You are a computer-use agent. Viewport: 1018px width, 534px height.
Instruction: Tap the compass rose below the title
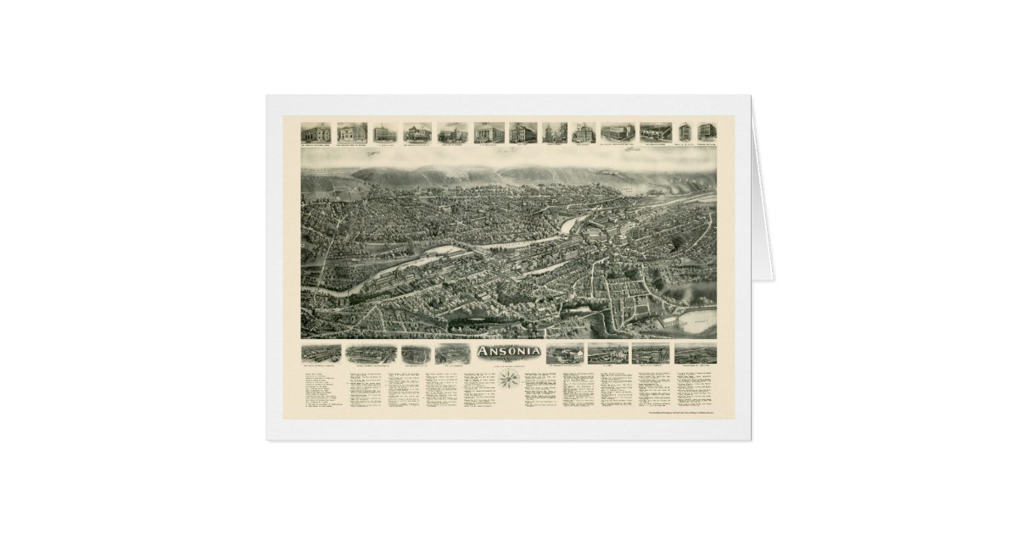[x=510, y=382]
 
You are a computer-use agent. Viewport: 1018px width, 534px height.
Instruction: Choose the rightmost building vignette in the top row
[x=706, y=132]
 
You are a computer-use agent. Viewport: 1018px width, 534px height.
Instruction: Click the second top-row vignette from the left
[x=351, y=133]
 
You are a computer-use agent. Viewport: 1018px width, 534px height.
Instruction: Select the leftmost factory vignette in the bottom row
[x=321, y=353]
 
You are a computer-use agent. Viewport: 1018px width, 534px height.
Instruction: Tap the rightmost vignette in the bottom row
[x=694, y=353]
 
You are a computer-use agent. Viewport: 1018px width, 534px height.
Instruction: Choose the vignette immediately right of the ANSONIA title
[x=563, y=353]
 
